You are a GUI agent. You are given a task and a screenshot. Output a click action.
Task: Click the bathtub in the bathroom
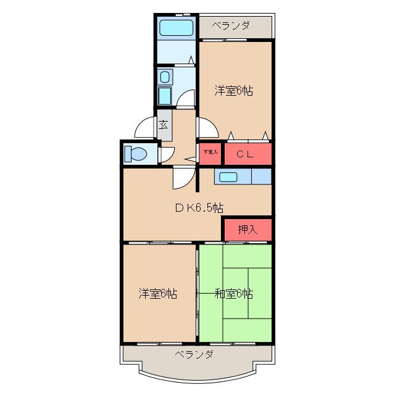coord(176,28)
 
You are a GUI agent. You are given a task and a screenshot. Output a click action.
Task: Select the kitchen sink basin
coord(227,177)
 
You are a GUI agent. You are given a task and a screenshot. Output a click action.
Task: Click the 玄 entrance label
coord(164,124)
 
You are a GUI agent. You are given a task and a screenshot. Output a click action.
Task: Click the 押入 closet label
coord(247,230)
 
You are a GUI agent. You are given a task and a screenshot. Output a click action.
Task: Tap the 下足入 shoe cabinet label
coord(210,152)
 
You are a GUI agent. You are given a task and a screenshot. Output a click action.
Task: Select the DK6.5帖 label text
coord(198,208)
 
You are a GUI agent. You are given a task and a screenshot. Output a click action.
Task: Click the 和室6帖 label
coord(234,294)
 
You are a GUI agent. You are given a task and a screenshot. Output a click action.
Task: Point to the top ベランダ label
coord(231,25)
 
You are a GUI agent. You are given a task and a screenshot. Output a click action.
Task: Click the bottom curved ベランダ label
coord(194,354)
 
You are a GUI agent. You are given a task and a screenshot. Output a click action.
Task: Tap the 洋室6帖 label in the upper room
coord(234,90)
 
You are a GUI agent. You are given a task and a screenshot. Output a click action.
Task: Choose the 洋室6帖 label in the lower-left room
coord(158,294)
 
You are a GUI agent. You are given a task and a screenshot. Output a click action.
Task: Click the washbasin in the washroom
coord(164,77)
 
